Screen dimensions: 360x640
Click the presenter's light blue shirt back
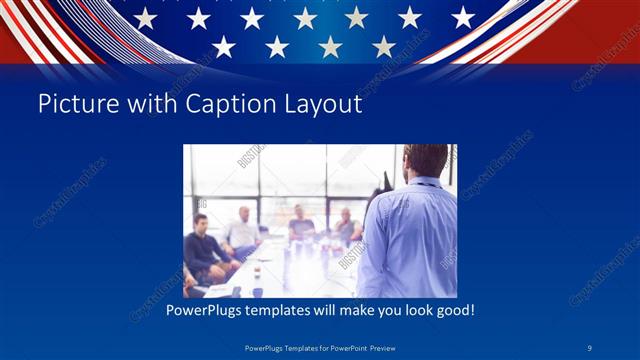click(410, 240)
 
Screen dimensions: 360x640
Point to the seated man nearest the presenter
click(346, 227)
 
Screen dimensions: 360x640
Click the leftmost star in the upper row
click(145, 18)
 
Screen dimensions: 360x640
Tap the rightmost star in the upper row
click(463, 17)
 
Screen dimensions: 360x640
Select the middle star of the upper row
click(304, 18)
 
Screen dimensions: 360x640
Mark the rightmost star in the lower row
click(384, 46)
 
